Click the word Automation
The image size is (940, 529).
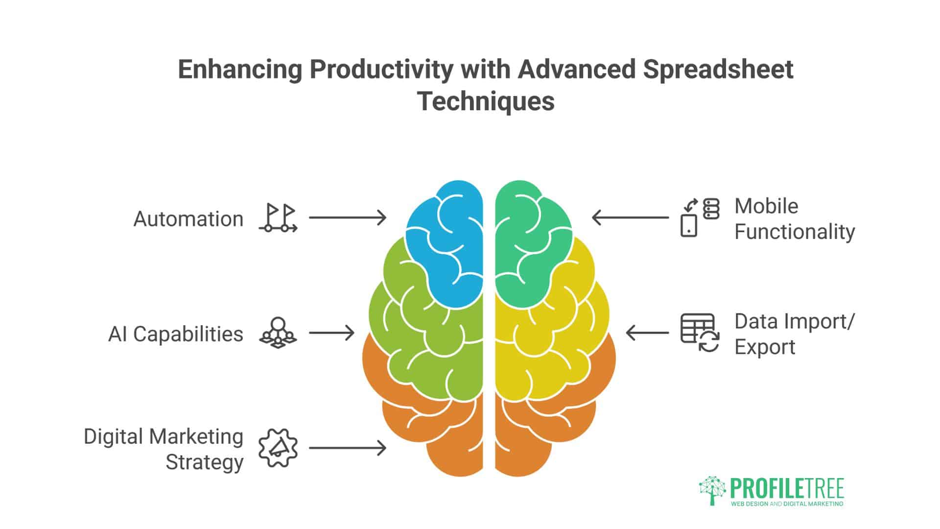click(188, 219)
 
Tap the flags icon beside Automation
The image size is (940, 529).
click(278, 218)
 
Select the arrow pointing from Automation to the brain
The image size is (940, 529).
click(348, 217)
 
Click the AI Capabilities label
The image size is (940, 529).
click(176, 335)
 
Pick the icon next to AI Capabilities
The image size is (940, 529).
click(278, 333)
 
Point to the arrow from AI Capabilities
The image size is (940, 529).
click(332, 333)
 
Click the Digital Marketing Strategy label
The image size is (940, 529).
click(164, 449)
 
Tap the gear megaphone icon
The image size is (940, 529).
click(278, 448)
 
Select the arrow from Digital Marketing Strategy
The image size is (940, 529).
click(348, 448)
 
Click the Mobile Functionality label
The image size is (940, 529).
click(795, 219)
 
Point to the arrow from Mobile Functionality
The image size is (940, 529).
click(631, 217)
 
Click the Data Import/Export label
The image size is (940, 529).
click(795, 334)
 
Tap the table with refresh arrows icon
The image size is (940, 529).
click(700, 333)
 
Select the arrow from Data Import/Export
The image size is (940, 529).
click(647, 333)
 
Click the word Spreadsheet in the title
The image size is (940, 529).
click(718, 70)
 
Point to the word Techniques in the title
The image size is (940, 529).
click(486, 101)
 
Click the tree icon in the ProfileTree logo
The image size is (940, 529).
click(713, 490)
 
